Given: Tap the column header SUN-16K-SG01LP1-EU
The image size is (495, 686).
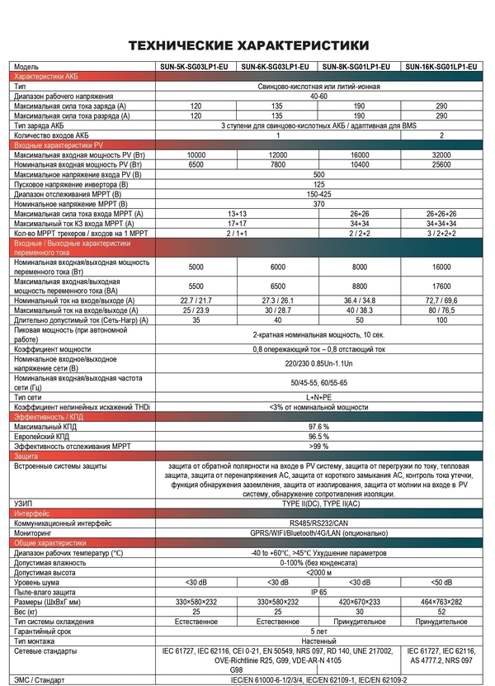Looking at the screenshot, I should (441, 66).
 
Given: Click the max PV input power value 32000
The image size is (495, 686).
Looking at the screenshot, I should (441, 155).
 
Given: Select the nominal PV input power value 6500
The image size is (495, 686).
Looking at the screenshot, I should (196, 164).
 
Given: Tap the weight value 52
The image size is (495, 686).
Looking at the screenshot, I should (441, 611).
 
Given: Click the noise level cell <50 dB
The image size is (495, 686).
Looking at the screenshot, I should (441, 583).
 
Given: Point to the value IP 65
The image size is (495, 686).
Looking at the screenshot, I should (318, 592).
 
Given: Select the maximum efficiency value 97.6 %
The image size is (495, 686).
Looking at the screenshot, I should (318, 427).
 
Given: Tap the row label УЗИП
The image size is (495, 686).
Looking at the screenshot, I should (25, 503).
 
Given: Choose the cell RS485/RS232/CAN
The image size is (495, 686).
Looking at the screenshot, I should (318, 523).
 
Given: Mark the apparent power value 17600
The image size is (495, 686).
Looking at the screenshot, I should (441, 285).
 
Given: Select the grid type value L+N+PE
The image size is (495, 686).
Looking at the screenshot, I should (318, 397).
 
